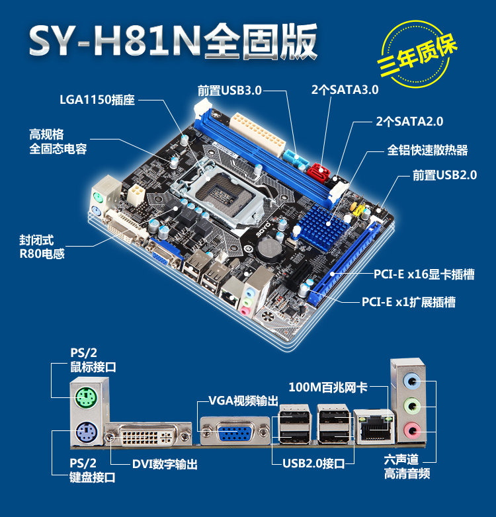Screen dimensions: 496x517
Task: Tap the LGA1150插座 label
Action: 97,100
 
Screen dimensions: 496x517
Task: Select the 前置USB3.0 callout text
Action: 229,91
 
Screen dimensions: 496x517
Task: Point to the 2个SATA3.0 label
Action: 345,90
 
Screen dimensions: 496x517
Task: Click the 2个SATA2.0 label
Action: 409,122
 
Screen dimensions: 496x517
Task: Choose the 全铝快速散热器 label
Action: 427,150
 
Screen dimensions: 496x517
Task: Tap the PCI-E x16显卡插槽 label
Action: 424,274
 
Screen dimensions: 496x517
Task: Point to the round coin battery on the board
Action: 270,250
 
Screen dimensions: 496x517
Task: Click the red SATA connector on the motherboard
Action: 318,171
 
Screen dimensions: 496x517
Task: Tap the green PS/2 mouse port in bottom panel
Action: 86,398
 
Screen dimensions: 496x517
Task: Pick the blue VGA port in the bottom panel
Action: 235,432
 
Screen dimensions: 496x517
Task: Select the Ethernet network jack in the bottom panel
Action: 374,427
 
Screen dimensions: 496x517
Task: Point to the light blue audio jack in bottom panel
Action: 412,381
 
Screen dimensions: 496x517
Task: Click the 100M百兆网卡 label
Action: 328,387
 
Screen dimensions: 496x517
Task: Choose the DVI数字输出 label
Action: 165,464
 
